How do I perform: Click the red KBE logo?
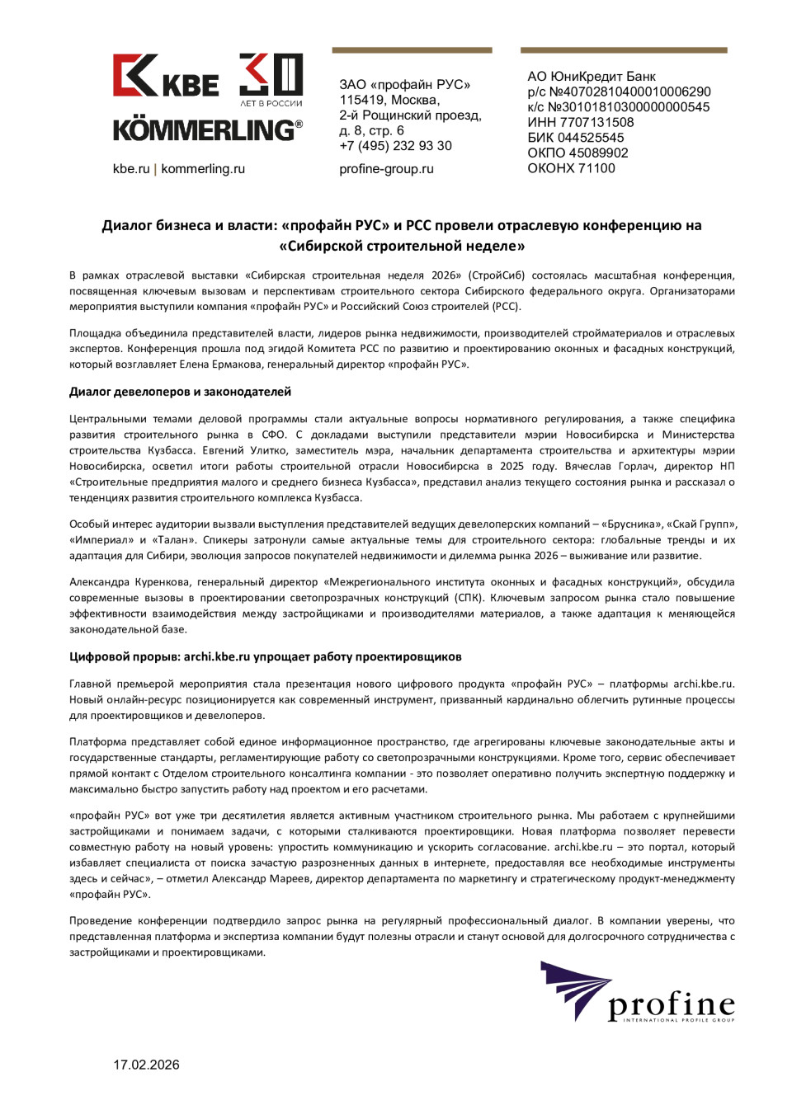tap(165, 76)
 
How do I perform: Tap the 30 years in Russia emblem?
tap(271, 79)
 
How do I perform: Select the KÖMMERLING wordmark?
tap(207, 130)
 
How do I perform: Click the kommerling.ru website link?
tap(203, 169)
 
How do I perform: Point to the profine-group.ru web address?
tap(386, 169)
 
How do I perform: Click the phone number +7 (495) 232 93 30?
tap(395, 146)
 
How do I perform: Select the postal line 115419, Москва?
tap(389, 100)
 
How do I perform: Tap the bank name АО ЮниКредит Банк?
tap(592, 77)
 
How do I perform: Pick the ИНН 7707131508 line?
tap(581, 123)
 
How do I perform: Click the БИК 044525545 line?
tap(576, 138)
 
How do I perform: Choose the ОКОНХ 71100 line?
tap(571, 168)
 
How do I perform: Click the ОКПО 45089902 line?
tap(577, 153)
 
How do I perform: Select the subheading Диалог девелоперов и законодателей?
tap(180, 392)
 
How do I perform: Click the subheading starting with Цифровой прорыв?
tap(265, 657)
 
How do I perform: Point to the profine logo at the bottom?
tap(637, 994)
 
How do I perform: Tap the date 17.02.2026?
tap(146, 1065)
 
